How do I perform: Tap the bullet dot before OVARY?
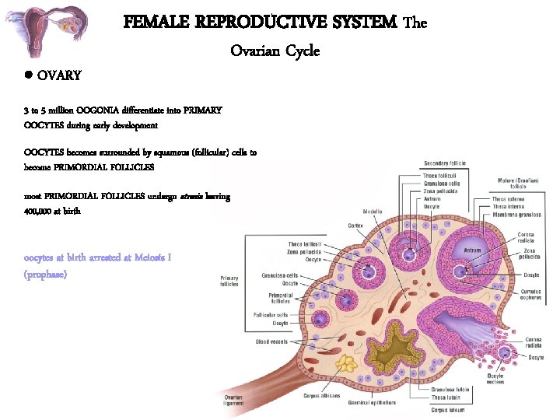(27, 76)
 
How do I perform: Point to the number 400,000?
(37, 211)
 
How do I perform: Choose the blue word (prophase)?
(45, 275)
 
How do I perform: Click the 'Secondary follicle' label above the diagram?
(445, 163)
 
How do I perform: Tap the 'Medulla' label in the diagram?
(373, 212)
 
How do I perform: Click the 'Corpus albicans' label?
(321, 395)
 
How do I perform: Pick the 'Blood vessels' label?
(271, 341)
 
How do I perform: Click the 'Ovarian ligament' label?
(233, 401)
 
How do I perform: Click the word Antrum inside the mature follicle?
(473, 250)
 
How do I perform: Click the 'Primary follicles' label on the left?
(229, 281)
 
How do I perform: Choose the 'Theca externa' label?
(508, 198)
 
